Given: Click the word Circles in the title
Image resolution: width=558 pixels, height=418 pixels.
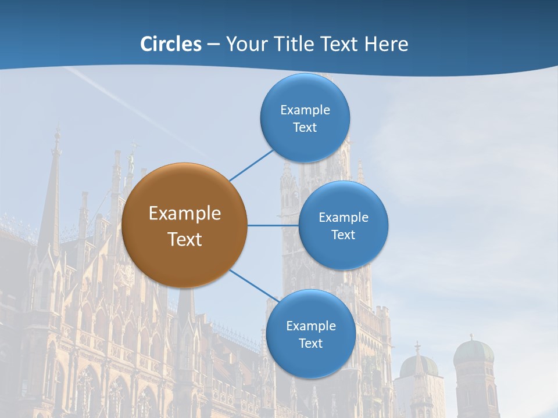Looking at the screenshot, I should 171,44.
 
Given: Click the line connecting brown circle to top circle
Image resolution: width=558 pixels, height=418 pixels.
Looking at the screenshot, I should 252,165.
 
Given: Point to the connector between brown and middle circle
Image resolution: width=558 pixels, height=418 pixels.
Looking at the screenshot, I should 273,225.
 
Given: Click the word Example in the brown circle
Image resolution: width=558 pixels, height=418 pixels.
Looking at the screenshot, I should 185,214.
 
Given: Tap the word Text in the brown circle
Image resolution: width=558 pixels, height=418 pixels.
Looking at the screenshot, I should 185,239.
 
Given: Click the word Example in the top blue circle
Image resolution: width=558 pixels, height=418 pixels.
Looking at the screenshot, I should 305,110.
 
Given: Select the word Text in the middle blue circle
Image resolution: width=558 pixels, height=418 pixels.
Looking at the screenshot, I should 343,235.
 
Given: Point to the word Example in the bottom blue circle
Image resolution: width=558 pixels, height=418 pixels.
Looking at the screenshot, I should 311,326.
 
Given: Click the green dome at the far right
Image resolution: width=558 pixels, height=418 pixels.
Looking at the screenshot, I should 473,351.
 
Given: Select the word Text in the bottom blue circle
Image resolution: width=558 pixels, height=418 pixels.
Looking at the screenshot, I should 310,343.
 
